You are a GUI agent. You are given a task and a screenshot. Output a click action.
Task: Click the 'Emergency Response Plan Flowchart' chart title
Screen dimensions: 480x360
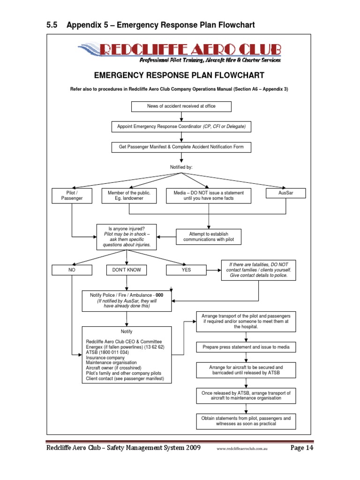pyautogui.click(x=179, y=75)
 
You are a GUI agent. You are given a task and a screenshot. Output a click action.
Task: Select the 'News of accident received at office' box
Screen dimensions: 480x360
pyautogui.click(x=174, y=106)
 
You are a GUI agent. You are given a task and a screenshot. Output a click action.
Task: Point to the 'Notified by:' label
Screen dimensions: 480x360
pyautogui.click(x=181, y=167)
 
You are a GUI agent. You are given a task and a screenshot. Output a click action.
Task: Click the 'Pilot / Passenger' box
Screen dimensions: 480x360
pyautogui.click(x=72, y=195)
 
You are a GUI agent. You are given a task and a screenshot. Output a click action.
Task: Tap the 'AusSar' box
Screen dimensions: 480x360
pyautogui.click(x=285, y=193)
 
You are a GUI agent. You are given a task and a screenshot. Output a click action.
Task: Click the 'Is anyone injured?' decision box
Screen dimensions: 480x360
pyautogui.click(x=127, y=237)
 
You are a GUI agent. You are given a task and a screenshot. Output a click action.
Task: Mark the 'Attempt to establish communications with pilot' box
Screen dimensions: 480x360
pyautogui.click(x=208, y=237)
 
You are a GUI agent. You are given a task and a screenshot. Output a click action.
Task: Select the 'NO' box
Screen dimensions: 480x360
pyautogui.click(x=72, y=270)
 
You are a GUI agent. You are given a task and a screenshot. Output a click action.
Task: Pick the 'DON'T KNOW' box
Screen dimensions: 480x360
pyautogui.click(x=127, y=270)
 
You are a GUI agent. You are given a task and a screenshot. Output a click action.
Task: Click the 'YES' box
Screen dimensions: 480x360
pyautogui.click(x=186, y=270)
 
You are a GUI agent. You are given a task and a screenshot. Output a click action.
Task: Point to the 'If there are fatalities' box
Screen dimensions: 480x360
pyautogui.click(x=258, y=270)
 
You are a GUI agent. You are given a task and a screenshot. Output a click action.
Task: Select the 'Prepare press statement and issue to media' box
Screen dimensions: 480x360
pyautogui.click(x=246, y=347)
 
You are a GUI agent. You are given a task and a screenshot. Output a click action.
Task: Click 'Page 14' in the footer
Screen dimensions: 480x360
pyautogui.click(x=301, y=448)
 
